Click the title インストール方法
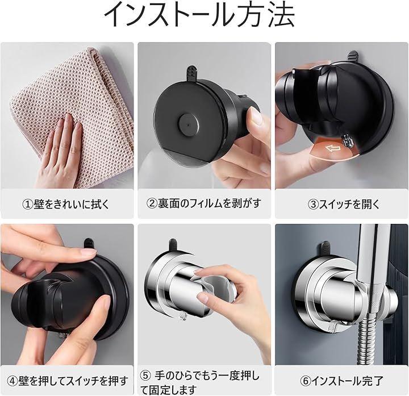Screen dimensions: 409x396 199,15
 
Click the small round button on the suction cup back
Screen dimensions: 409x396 189,124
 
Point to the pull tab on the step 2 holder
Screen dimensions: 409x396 191,73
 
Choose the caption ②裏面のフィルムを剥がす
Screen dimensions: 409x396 204,203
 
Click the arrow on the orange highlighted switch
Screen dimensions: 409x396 333,148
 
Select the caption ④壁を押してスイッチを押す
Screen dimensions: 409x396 68,381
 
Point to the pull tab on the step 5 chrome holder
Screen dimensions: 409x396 173,245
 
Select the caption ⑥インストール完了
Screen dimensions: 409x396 341,381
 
